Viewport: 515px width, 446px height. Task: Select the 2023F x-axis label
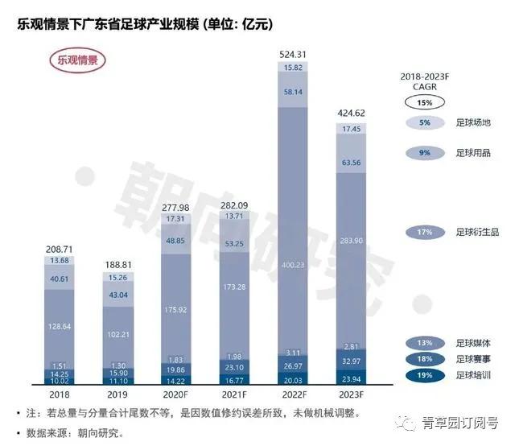[x=351, y=395]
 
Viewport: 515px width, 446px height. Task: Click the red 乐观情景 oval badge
[x=77, y=60]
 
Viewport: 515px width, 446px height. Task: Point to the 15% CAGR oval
[x=424, y=103]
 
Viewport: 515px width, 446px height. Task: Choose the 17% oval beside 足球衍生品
[x=424, y=233]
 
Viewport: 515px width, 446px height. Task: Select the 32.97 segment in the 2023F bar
[x=351, y=362]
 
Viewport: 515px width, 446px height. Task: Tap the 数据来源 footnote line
[x=72, y=432]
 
